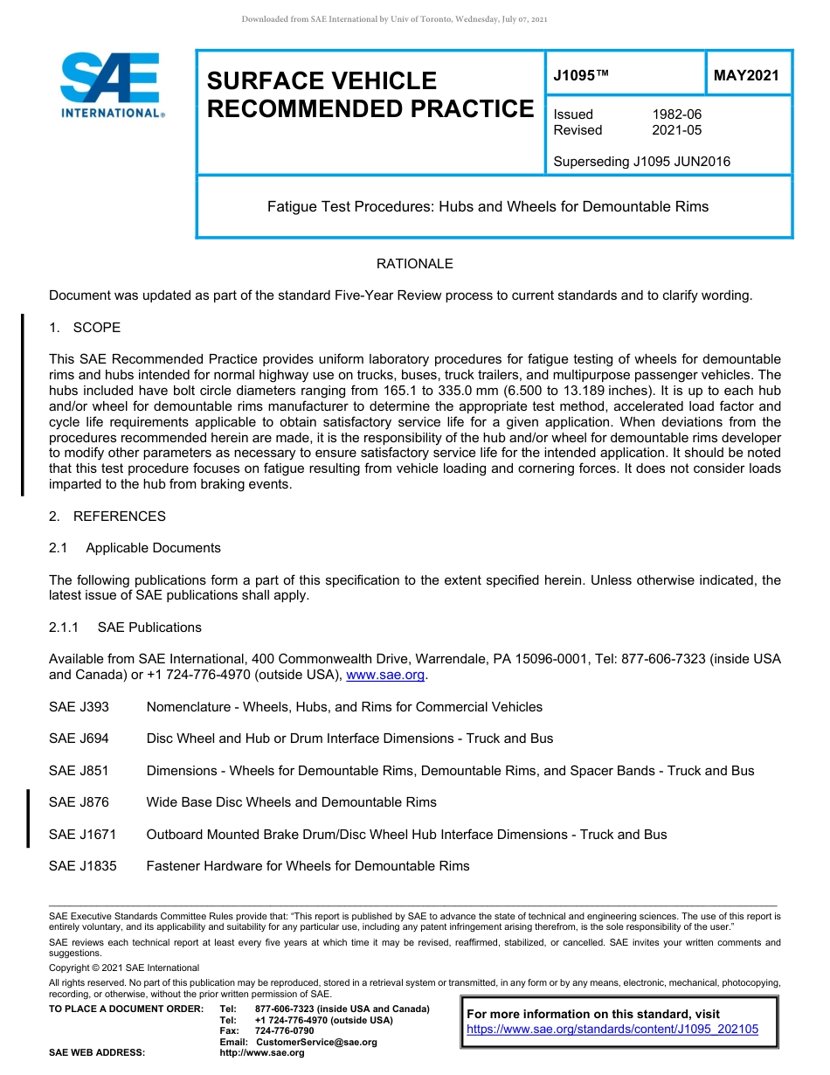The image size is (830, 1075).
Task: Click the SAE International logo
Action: click(111, 86)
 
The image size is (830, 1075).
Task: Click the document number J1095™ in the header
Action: click(581, 76)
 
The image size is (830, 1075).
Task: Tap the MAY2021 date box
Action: click(746, 76)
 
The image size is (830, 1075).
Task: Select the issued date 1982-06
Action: click(676, 114)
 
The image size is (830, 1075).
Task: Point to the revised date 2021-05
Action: click(676, 130)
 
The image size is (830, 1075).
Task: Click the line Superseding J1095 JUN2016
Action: click(641, 162)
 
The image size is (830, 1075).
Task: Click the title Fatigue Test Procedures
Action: click(487, 207)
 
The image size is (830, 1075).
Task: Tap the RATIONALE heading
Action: click(414, 264)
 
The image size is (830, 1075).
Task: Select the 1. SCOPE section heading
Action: click(85, 328)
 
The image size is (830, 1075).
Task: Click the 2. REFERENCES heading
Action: click(107, 517)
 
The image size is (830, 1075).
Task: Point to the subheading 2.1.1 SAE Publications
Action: click(125, 628)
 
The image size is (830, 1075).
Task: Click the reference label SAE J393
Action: click(79, 707)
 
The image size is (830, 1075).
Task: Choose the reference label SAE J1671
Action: click(82, 835)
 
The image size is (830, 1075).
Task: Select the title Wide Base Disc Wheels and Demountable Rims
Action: click(291, 802)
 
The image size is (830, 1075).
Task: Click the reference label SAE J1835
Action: click(82, 866)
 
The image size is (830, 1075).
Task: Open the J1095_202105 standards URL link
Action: click(612, 1030)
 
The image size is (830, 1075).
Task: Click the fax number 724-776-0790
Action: click(284, 1031)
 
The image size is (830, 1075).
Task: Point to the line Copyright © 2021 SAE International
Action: click(124, 967)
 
